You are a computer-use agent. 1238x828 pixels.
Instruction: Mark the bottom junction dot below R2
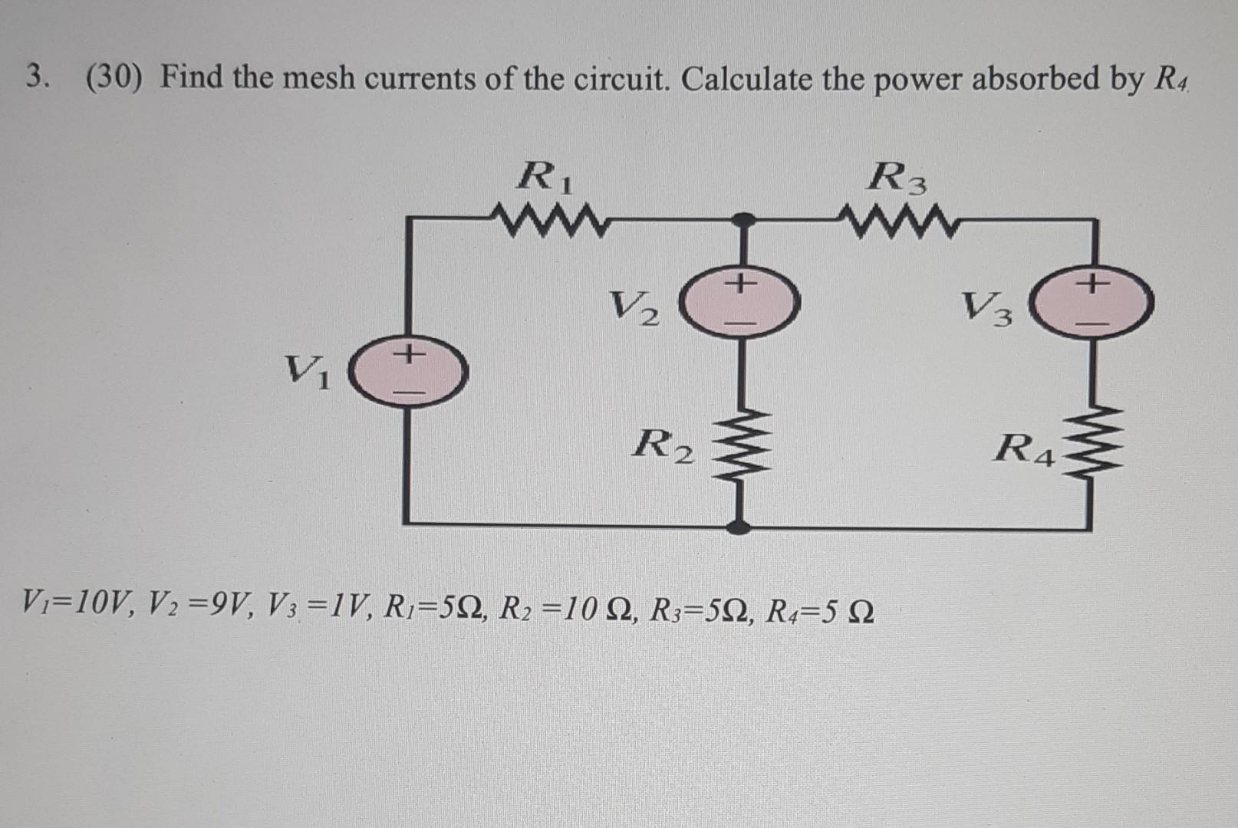739,527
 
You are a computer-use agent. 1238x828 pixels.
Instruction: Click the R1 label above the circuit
545,178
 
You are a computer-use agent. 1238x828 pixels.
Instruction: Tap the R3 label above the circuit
897,180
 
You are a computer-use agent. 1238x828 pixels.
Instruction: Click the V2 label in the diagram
634,308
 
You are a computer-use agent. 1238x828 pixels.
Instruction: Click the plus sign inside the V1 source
410,354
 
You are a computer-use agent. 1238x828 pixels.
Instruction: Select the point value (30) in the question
114,77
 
